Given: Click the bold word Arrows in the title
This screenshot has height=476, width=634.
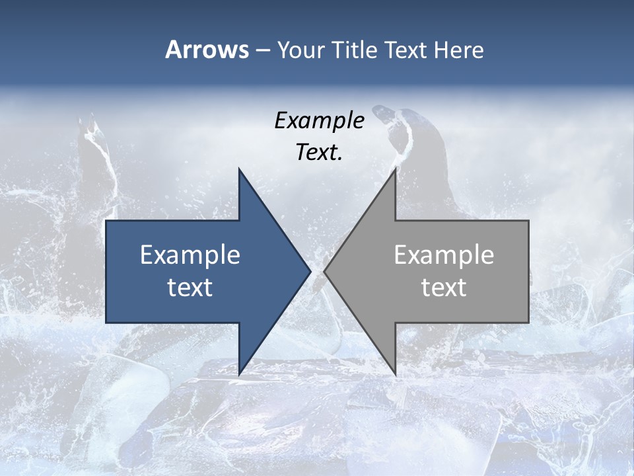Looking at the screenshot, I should (x=207, y=50).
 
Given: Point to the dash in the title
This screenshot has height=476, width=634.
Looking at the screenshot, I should (x=262, y=50).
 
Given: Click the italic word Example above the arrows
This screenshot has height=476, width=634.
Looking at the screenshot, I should (x=319, y=120).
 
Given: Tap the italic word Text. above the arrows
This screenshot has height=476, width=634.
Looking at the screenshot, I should (x=319, y=153).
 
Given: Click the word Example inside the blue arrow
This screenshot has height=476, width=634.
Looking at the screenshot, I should (x=190, y=255).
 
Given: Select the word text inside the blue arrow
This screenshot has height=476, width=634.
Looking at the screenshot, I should (x=190, y=287).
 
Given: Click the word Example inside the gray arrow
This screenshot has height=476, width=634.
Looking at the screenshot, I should (x=444, y=255).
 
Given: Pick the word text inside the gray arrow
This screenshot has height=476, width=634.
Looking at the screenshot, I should (x=444, y=287).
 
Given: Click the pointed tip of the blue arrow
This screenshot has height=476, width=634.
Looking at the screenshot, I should (x=310, y=271).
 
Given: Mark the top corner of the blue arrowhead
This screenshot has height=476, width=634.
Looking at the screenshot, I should (x=240, y=169).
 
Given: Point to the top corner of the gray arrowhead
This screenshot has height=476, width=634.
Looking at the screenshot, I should (x=395, y=169).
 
